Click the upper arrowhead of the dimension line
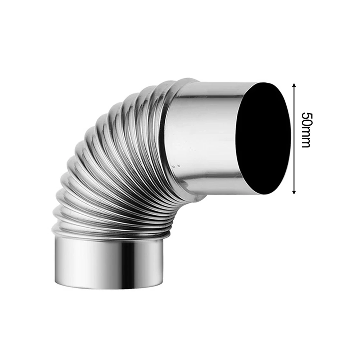(x=294, y=85)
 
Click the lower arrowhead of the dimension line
(x=294, y=192)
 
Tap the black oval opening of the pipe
(x=264, y=138)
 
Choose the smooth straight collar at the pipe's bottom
(x=108, y=263)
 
